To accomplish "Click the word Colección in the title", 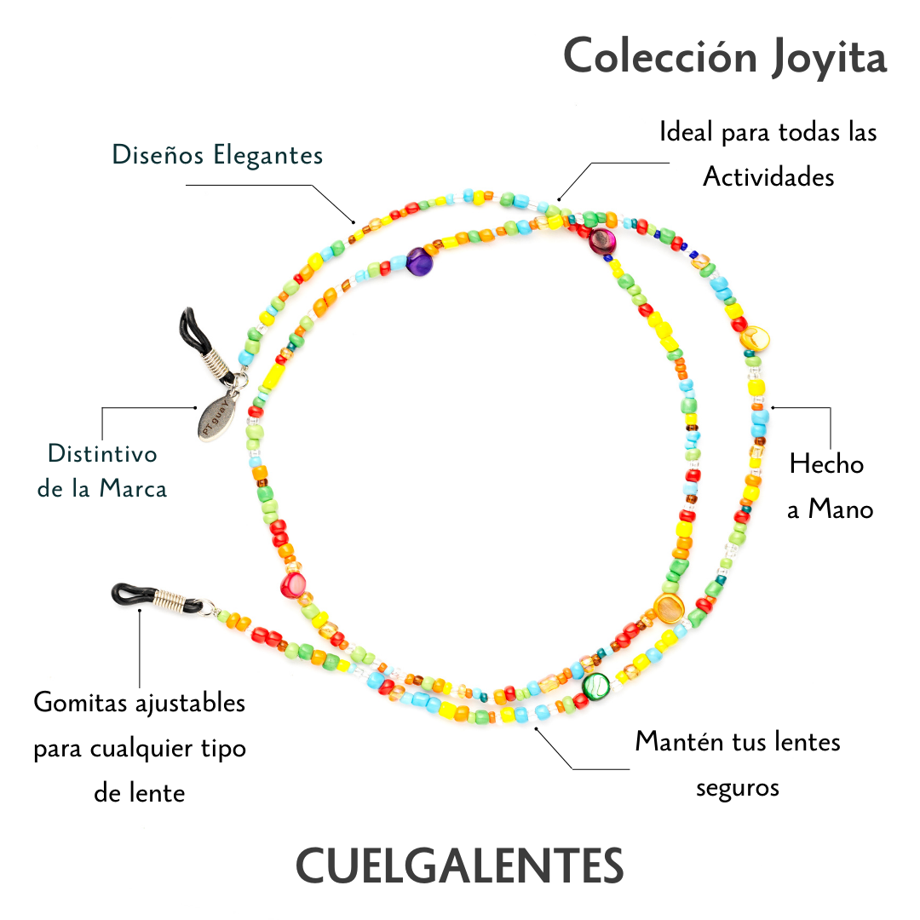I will (x=660, y=58).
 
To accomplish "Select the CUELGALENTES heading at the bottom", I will (x=459, y=866).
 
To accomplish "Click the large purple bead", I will (x=419, y=261).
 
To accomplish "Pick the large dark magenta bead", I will (x=601, y=240).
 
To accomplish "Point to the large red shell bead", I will (x=292, y=586).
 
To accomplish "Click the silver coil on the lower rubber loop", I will (x=181, y=605).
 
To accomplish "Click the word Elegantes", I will (x=268, y=156).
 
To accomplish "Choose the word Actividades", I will (x=768, y=177).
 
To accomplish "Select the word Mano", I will (x=841, y=509).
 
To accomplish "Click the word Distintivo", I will (x=102, y=453).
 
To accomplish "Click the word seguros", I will (x=738, y=787).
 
